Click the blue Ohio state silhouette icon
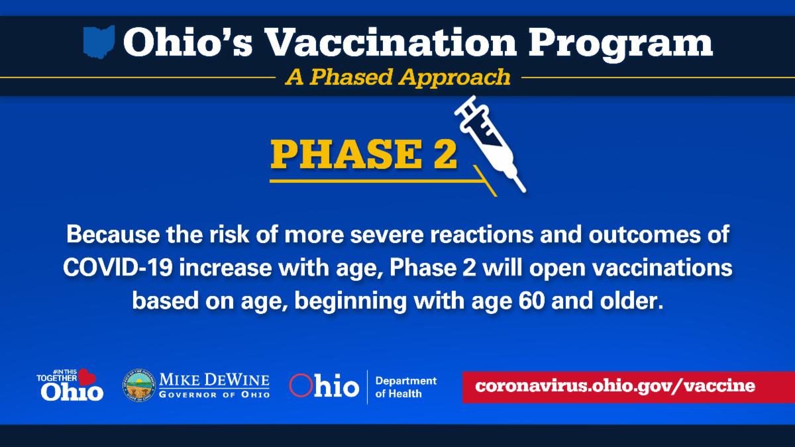(99, 42)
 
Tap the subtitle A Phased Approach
(397, 77)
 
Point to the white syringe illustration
(490, 144)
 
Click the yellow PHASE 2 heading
(364, 154)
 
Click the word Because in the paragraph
(113, 234)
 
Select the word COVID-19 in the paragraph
(118, 268)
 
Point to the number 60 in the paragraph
(531, 301)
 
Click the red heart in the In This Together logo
(86, 377)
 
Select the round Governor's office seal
(139, 385)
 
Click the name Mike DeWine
(214, 380)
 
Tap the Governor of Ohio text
(214, 395)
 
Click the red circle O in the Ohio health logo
(301, 385)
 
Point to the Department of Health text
(405, 387)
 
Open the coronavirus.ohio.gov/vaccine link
(615, 386)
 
